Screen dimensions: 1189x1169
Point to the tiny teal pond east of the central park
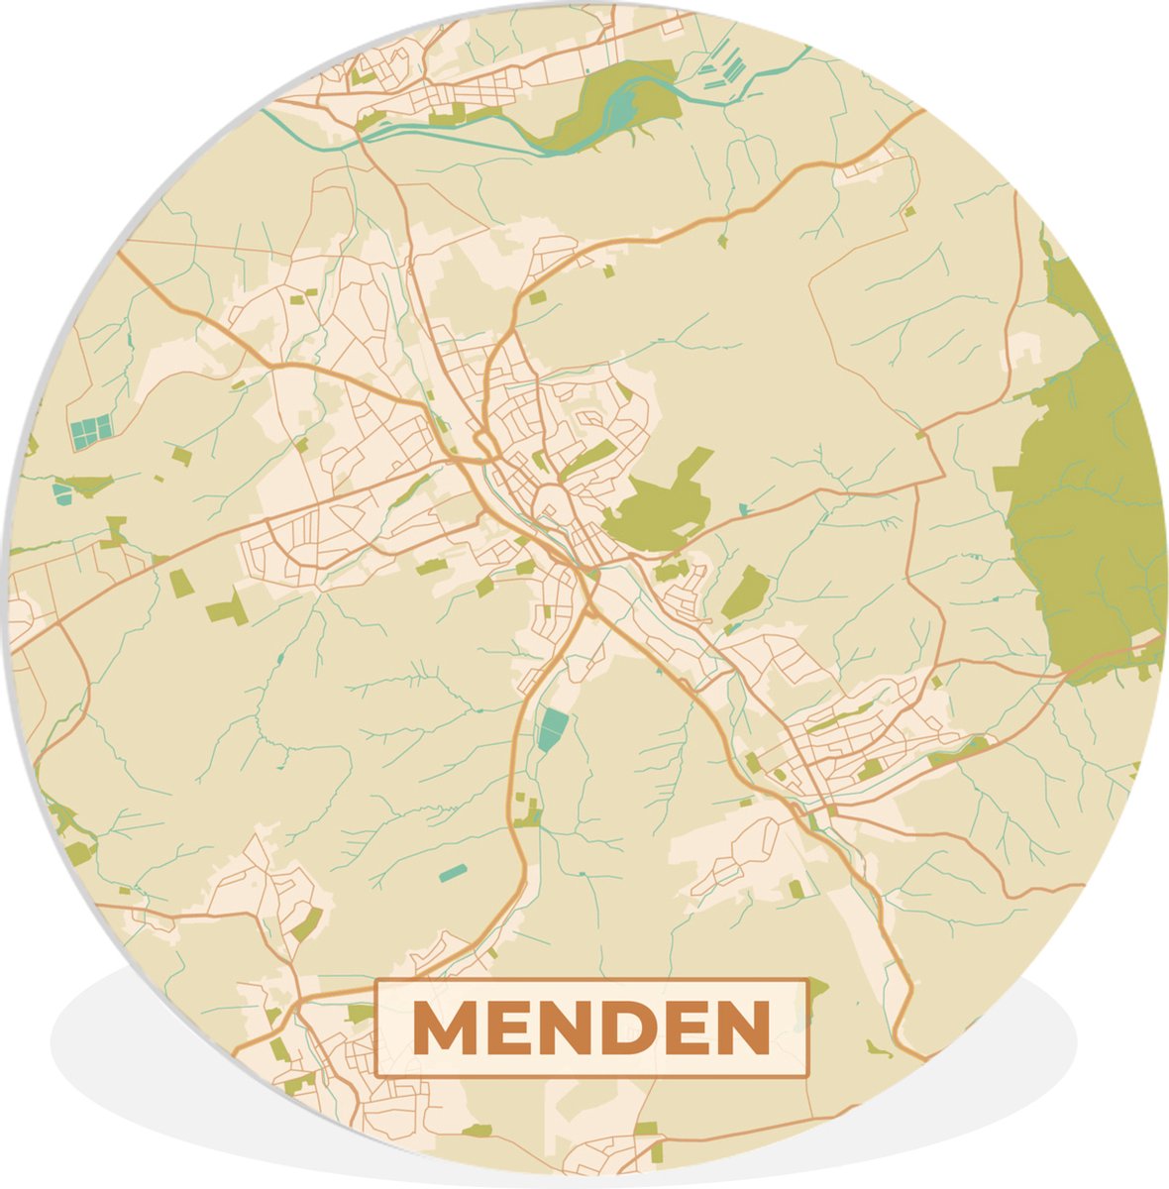[743, 509]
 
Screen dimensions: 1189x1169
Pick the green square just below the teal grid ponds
[180, 455]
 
